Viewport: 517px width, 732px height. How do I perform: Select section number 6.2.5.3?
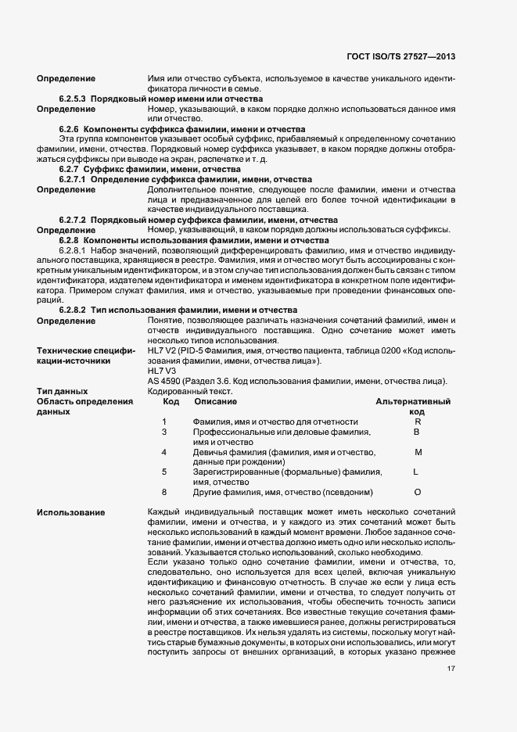point(72,99)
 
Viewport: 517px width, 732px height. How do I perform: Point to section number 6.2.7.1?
point(72,179)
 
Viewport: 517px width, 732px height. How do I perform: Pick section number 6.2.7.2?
point(72,220)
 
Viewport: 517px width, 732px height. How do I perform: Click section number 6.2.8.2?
point(72,310)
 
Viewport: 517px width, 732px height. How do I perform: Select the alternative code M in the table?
point(418,452)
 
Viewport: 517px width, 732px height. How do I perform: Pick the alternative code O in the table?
point(417,493)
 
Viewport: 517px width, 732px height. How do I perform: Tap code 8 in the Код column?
point(164,493)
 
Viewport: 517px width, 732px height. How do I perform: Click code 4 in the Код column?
point(164,452)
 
